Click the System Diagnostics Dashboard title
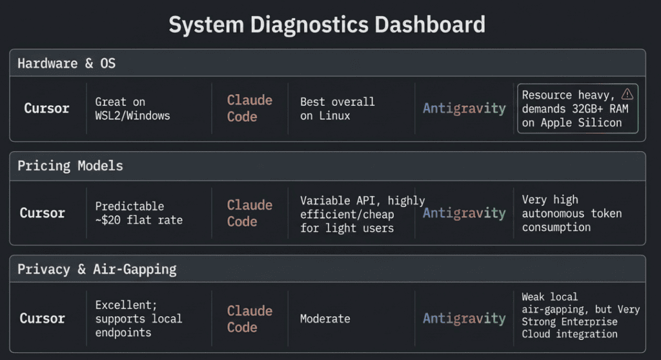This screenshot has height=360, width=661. tap(327, 25)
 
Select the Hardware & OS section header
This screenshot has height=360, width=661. tap(66, 63)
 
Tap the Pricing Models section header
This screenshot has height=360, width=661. tap(70, 166)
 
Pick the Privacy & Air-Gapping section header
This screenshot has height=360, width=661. tap(97, 269)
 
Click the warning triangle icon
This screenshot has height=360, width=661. tap(627, 94)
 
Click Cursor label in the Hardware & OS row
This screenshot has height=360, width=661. tap(46, 108)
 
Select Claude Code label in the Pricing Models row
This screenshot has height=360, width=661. tap(250, 213)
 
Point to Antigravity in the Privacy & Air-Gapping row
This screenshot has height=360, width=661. tap(464, 318)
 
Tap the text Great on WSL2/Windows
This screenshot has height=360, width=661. tap(132, 109)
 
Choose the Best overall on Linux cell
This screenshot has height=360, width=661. tap(337, 109)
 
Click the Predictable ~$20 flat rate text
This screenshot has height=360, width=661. tap(139, 213)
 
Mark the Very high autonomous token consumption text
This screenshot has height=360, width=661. tap(572, 214)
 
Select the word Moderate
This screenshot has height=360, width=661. tap(325, 319)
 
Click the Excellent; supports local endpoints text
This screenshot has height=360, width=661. tap(139, 319)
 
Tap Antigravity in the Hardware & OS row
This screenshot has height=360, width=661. tap(464, 108)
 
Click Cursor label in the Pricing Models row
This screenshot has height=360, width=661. tap(42, 213)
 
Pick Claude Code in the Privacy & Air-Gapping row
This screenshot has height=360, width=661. tap(250, 319)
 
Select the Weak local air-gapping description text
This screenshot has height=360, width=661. tap(581, 315)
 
